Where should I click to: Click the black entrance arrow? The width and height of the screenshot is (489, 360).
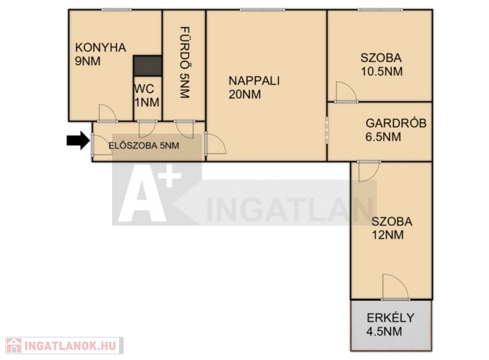point(78,141)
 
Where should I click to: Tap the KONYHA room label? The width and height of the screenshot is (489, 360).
point(100,48)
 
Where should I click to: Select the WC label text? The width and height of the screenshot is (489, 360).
point(144,89)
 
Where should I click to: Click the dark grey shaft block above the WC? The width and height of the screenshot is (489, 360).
point(148,66)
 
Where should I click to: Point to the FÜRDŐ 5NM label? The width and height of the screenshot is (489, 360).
point(185,63)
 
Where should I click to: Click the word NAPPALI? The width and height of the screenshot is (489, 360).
point(254,81)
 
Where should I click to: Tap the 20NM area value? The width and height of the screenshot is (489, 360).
point(245,95)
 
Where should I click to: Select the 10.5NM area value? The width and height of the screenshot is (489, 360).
point(382,71)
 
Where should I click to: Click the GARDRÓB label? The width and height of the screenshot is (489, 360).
point(396,123)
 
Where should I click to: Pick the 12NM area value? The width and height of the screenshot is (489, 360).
point(387,235)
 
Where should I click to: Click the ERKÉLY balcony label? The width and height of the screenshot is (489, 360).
point(390,318)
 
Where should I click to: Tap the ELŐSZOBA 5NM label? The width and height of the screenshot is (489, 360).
point(144,146)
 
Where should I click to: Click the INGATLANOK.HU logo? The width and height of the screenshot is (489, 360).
point(64,345)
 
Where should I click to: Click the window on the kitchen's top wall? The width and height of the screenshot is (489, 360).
point(116,10)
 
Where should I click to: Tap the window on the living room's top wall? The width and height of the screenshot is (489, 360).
point(263,10)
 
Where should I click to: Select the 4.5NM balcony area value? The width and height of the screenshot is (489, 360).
point(384,332)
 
